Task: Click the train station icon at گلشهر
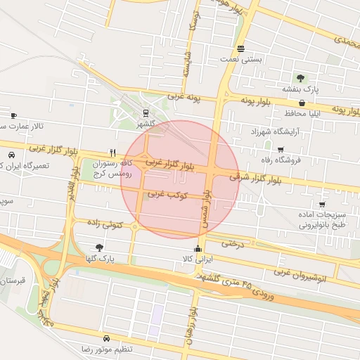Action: click(146, 112)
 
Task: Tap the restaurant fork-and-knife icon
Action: click(112, 152)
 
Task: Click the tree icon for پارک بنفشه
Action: click(301, 78)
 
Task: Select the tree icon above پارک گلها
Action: click(98, 247)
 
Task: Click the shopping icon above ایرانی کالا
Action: click(198, 248)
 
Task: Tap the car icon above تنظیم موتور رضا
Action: click(106, 337)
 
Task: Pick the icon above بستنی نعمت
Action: click(241, 49)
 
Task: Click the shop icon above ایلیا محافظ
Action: click(302, 102)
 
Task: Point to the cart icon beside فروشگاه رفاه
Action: click(281, 149)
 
